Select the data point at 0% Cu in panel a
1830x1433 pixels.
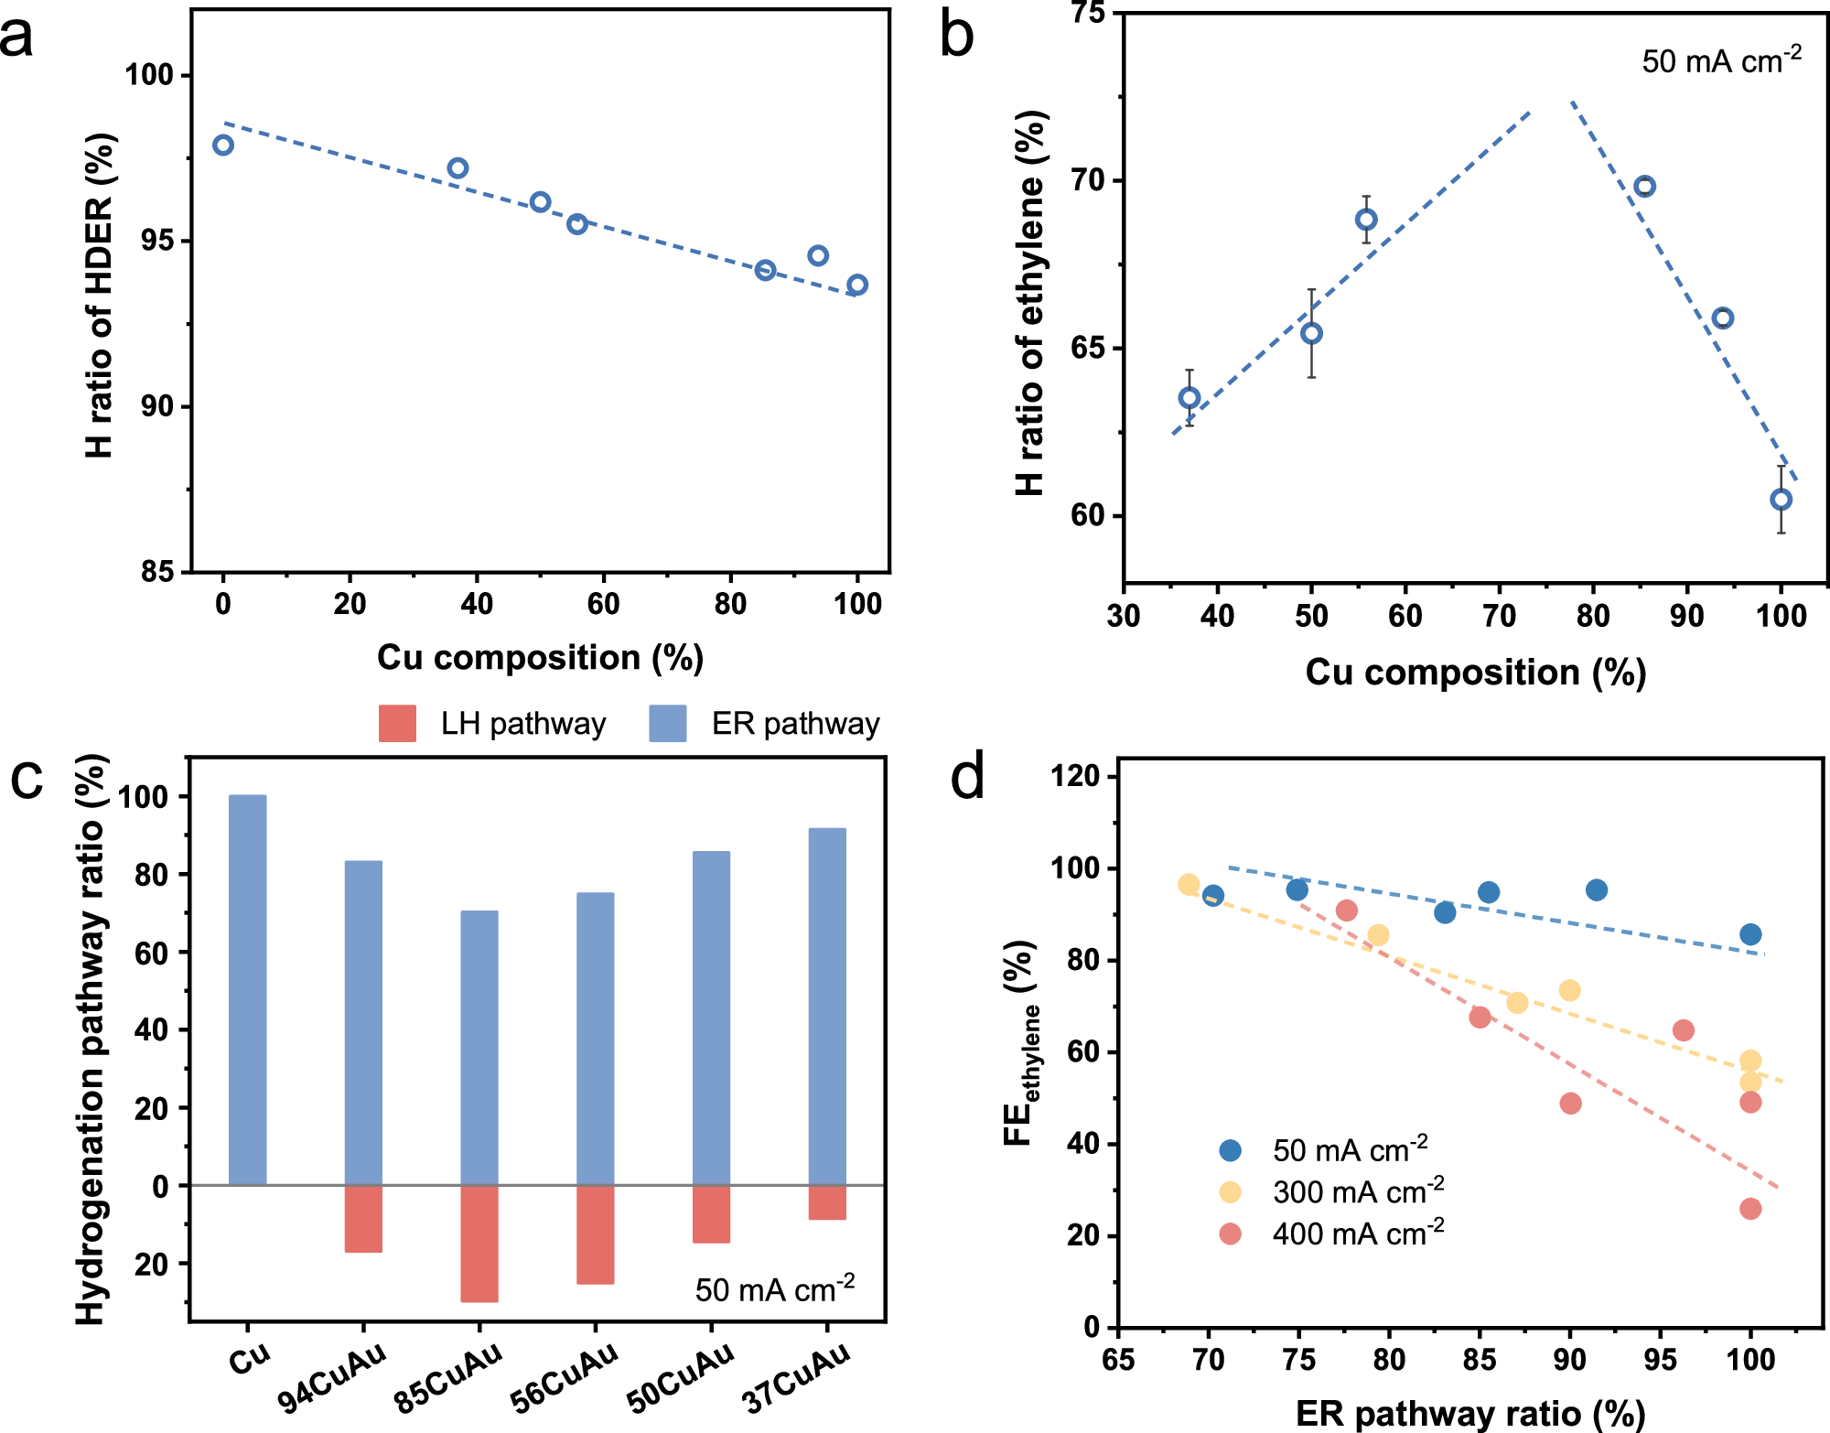pos(223,145)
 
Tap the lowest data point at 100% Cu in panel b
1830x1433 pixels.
pos(1781,500)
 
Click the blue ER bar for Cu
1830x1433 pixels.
pos(248,989)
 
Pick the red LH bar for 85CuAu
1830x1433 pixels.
pos(479,1243)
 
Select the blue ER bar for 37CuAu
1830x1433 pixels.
pos(827,1007)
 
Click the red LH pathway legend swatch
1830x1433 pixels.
pos(397,723)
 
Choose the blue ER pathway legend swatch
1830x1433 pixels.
pos(668,723)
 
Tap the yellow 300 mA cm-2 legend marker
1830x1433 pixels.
pos(1231,1191)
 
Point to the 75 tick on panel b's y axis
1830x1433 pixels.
pos(1087,14)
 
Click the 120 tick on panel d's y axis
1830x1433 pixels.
pos(1076,777)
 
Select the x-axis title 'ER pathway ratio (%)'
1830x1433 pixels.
pos(1470,1414)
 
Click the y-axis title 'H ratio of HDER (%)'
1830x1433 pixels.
pos(99,295)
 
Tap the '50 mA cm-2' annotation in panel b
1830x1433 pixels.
pos(1721,60)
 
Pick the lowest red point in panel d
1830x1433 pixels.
pos(1750,1209)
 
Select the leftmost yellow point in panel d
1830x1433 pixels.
pos(1189,884)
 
